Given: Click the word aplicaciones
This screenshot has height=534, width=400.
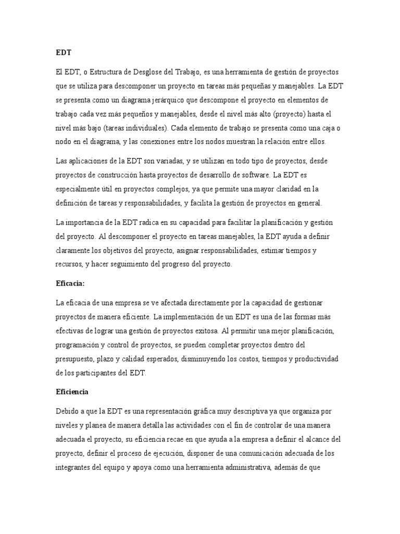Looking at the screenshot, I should coord(85,161).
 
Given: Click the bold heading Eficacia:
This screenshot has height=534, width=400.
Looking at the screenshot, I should coord(69,284).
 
